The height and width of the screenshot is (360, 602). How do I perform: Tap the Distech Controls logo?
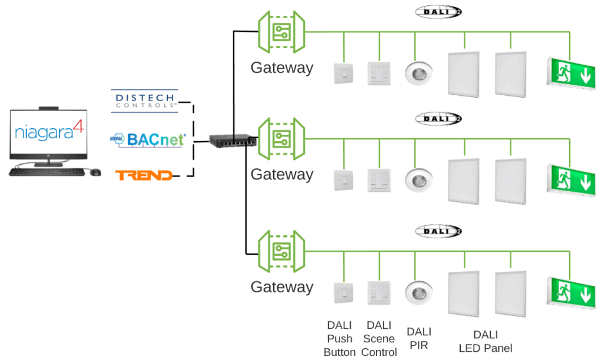(x=144, y=100)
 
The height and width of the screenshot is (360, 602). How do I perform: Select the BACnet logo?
(x=148, y=139)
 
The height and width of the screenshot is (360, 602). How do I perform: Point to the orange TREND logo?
(x=144, y=175)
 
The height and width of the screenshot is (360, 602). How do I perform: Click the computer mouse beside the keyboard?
(x=94, y=172)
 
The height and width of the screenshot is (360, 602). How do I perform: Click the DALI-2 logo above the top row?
(x=438, y=12)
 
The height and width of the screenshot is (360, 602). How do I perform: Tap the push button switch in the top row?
(x=342, y=73)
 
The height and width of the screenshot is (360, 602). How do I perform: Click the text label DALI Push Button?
(x=340, y=339)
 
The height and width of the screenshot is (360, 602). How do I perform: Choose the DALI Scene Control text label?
(x=379, y=339)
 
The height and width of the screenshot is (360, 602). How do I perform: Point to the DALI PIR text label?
(x=419, y=338)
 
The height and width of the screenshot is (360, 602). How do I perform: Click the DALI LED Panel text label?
(x=485, y=341)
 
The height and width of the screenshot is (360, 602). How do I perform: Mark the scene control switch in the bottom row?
(x=378, y=292)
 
